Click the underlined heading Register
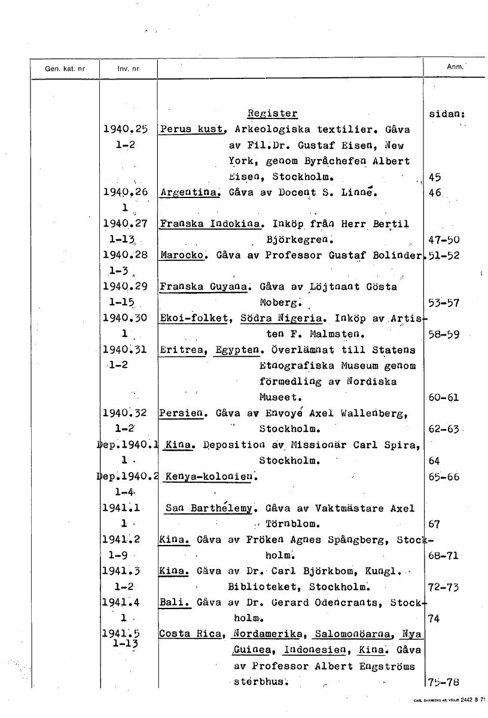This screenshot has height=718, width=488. tap(272, 114)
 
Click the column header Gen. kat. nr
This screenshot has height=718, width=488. tap(65, 68)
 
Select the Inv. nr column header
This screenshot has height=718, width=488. tap(128, 69)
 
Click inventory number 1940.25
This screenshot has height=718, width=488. tap(126, 129)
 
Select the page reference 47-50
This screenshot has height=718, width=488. tap(444, 240)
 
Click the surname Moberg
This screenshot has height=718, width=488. tap(282, 302)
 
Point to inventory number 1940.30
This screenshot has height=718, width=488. tap(126, 318)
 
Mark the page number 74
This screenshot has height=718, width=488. tap(435, 619)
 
